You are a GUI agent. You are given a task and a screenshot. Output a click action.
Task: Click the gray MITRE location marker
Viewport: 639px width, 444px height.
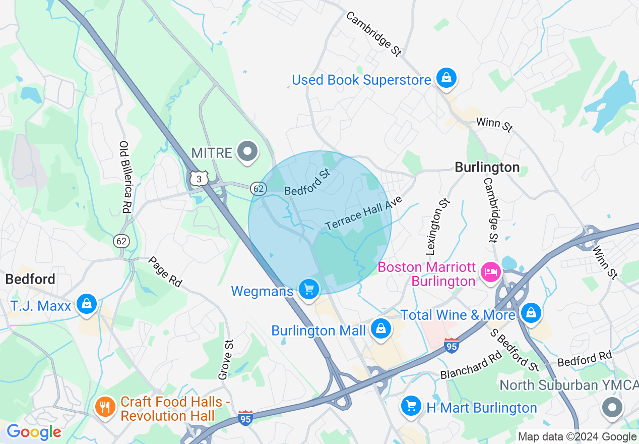point(247,152)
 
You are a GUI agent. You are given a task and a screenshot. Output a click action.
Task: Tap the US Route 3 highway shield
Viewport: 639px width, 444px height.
point(199,178)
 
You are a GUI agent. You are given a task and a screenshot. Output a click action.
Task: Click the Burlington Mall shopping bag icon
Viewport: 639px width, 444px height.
point(381,329)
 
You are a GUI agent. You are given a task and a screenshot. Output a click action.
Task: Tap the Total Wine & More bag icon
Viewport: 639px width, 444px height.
point(531,313)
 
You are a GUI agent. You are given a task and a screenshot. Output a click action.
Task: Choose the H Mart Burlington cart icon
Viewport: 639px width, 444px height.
point(411,406)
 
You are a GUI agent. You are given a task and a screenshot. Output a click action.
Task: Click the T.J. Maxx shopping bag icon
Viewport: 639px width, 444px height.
point(87,304)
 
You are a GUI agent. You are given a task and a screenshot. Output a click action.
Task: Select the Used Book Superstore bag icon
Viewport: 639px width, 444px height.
point(446,78)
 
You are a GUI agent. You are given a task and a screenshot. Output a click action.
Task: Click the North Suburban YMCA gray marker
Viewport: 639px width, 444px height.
point(612,407)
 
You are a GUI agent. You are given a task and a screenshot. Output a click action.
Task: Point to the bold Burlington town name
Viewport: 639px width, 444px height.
point(487,168)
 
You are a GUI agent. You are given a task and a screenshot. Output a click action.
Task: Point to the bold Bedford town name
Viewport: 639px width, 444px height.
point(30,279)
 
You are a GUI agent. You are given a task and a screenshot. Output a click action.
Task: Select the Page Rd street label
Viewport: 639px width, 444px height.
point(165,271)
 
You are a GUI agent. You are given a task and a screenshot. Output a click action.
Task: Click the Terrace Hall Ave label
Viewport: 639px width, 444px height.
point(364,213)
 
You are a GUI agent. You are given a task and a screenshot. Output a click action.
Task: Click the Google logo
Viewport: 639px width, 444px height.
point(34,432)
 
